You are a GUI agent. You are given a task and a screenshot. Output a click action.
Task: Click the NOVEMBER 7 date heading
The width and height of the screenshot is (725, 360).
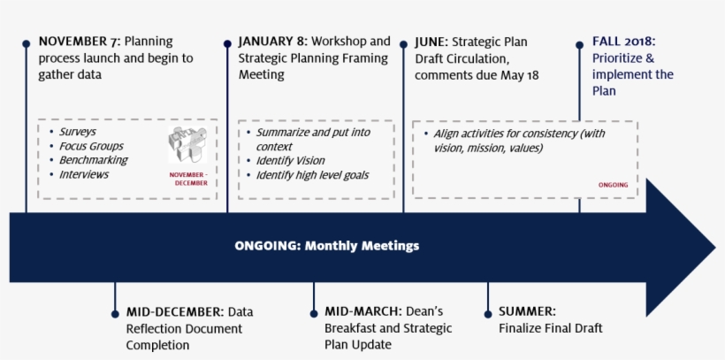(x=78, y=42)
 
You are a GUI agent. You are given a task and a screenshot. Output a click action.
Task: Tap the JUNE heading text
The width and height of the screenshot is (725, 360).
(x=431, y=42)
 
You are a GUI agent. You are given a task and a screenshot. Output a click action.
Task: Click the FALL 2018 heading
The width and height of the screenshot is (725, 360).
(x=624, y=42)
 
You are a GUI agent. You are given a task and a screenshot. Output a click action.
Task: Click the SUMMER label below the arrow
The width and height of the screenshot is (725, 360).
(x=527, y=311)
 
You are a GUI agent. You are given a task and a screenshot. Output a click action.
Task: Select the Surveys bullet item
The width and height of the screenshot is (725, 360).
(x=78, y=132)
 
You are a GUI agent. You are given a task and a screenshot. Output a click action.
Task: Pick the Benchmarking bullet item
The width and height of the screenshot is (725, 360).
(x=93, y=160)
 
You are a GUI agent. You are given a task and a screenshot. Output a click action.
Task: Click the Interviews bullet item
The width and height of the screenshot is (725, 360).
(x=84, y=174)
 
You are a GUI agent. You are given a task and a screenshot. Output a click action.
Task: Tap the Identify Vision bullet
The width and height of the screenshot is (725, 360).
(x=290, y=161)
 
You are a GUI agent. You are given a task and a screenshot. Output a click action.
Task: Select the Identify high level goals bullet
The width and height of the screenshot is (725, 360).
(x=312, y=175)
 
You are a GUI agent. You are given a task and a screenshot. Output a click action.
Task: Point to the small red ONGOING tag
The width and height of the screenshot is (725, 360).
(x=613, y=185)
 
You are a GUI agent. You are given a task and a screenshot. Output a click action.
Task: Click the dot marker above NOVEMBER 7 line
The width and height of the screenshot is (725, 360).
(x=27, y=42)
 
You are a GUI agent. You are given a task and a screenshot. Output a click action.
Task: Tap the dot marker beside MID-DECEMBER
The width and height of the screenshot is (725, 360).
(x=115, y=312)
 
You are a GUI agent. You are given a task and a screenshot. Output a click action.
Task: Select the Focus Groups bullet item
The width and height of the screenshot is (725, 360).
(x=91, y=146)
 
